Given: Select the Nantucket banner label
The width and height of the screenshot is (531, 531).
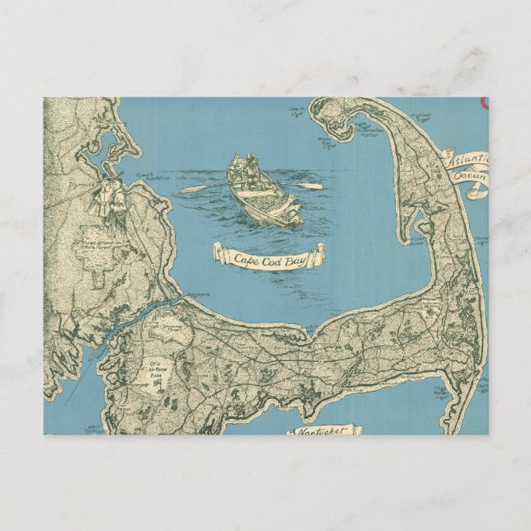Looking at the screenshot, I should pyautogui.click(x=324, y=431).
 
